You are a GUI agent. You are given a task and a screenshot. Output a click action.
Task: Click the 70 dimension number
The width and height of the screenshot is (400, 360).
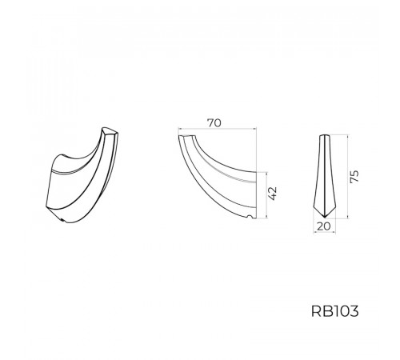tap(214, 123)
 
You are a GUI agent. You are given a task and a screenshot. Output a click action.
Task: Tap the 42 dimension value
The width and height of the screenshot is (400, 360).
tap(273, 194)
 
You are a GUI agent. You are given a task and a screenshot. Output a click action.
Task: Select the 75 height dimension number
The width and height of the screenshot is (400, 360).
tap(354, 177)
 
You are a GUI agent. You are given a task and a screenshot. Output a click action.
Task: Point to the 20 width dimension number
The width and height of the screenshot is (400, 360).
tap(324, 226)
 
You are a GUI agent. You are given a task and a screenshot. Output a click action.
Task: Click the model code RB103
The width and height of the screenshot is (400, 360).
tap(334, 311)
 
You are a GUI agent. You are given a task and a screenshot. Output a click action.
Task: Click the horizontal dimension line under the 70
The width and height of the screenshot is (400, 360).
tap(218, 129)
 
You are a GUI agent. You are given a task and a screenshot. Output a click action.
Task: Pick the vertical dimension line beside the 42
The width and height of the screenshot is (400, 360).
tap(266, 195)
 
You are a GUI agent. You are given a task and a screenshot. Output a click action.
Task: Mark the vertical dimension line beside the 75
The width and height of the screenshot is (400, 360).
tap(348, 177)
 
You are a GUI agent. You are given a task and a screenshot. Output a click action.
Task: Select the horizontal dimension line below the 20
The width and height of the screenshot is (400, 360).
tap(324, 232)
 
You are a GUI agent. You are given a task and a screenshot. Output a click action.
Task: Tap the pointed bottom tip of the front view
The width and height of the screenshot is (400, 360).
tap(324, 217)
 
